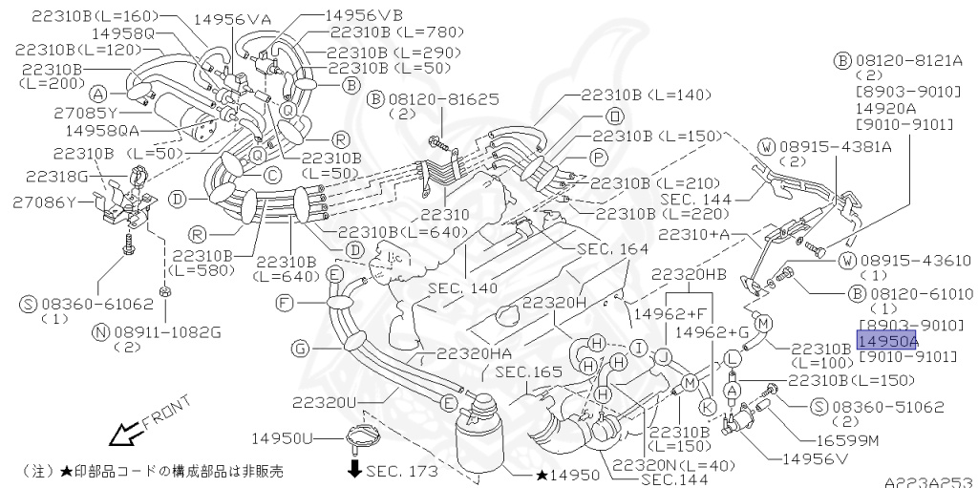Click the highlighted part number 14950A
coord(887,341)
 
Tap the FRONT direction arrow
coord(124,435)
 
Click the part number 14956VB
coord(364,16)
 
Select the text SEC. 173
coord(399,471)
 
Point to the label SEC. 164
coord(612,248)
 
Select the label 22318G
coord(56,176)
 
